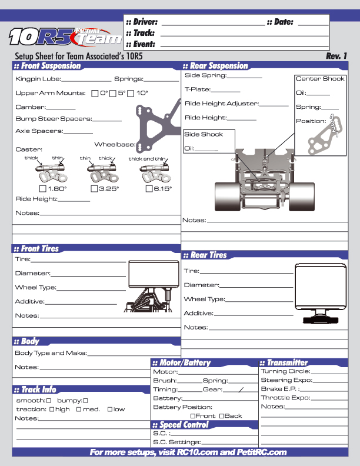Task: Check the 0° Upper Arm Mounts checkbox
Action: [x=96, y=93]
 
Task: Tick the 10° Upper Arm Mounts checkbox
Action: [x=131, y=93]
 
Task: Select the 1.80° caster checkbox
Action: [x=42, y=189]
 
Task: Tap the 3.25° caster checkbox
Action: [x=94, y=189]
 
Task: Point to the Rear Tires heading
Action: [x=208, y=255]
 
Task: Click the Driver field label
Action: [x=141, y=22]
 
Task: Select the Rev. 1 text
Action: [x=336, y=56]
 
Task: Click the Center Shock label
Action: [x=320, y=79]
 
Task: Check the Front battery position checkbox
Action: [x=193, y=416]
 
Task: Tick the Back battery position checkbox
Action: [x=221, y=416]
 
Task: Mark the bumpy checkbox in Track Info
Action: [x=86, y=401]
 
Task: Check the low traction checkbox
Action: [x=109, y=410]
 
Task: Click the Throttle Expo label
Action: [x=285, y=398]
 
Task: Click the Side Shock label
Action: [x=204, y=134]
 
